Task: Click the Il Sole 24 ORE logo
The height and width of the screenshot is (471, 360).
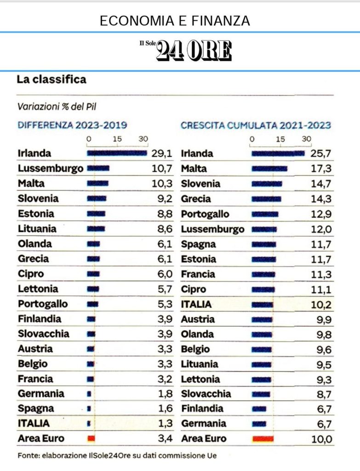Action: (186, 51)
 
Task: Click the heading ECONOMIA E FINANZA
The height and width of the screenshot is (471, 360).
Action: (175, 21)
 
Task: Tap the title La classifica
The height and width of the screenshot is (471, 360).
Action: (51, 80)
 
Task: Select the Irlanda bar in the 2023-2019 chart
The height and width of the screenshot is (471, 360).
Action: (117, 153)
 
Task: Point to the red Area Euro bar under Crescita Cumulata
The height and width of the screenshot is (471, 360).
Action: (263, 439)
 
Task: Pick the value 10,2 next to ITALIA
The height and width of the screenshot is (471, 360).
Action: (321, 304)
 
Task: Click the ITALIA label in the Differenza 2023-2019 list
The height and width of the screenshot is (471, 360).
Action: (34, 423)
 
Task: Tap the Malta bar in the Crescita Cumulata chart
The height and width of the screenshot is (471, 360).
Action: (269, 169)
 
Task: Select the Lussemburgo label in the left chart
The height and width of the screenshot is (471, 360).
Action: (51, 168)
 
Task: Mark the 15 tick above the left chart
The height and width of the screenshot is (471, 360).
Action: (117, 139)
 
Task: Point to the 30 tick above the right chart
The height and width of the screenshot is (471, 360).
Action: (307, 139)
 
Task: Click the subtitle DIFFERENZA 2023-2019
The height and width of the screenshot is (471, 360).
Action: (72, 125)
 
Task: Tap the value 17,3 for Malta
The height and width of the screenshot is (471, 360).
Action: (321, 169)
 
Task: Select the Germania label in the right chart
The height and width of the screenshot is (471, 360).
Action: (204, 423)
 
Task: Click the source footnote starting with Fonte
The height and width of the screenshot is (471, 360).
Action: (117, 456)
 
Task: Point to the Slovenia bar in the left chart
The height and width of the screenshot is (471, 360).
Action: (97, 199)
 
